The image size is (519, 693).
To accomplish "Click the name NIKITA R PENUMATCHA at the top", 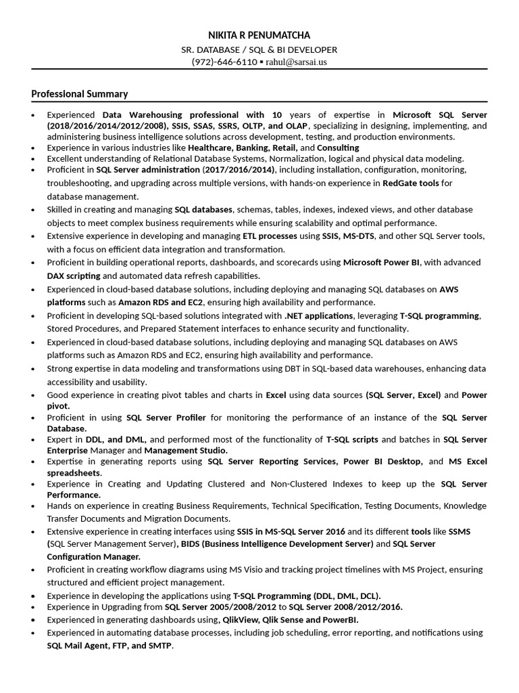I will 259,35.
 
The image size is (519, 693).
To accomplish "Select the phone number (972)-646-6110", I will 224,62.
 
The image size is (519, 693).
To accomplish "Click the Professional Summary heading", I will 80,94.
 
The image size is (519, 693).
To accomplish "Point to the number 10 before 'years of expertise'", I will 277,114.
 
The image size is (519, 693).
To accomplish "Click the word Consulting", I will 339,148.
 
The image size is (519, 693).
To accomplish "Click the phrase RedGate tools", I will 411,183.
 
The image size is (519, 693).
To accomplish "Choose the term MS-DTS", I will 357,236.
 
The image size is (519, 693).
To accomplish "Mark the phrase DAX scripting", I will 74,276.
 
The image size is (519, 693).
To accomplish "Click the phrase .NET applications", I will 319,315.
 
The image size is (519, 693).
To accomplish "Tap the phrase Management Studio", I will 185,451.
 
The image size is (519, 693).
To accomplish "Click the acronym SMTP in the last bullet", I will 161,646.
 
